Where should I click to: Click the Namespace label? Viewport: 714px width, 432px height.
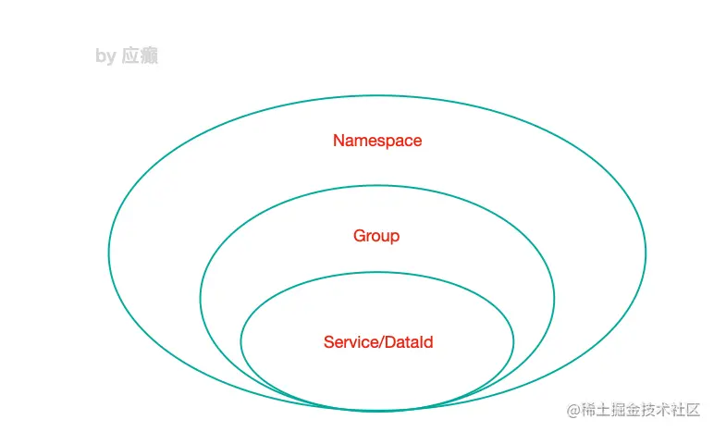[x=377, y=141]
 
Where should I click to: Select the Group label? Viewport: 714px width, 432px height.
[x=376, y=236]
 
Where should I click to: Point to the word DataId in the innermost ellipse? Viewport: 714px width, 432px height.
[x=409, y=342]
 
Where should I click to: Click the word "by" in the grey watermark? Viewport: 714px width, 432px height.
[x=105, y=56]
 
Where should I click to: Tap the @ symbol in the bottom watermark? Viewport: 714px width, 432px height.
[x=573, y=410]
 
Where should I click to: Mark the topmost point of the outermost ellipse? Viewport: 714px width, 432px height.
[x=377, y=95]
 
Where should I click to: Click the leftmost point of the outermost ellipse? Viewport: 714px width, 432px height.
[x=109, y=252]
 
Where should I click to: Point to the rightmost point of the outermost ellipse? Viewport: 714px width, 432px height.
[x=646, y=252]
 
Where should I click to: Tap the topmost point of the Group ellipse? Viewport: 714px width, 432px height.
[x=377, y=186]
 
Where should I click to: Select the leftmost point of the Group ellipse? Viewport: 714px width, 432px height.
[x=201, y=298]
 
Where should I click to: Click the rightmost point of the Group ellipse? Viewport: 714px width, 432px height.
[x=554, y=298]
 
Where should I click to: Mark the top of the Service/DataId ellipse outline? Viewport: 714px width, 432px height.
[x=377, y=272]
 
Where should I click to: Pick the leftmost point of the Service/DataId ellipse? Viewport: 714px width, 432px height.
[x=241, y=340]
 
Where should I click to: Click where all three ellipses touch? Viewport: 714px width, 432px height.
[x=377, y=409]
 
